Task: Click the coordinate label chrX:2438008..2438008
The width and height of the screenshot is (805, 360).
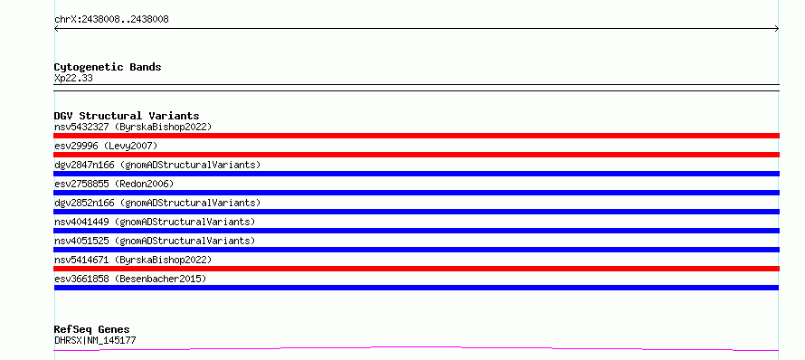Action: click(x=111, y=20)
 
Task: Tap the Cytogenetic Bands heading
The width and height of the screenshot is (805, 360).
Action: click(x=108, y=67)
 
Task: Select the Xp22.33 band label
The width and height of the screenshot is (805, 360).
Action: click(x=73, y=79)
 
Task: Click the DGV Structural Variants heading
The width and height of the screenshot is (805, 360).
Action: click(x=127, y=116)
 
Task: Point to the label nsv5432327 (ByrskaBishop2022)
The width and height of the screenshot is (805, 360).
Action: click(x=133, y=127)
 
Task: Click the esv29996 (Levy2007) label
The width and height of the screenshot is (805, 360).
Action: click(x=106, y=146)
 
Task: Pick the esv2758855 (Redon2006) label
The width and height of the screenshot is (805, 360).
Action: click(x=114, y=184)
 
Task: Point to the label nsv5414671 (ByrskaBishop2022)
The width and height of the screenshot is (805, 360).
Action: click(x=133, y=260)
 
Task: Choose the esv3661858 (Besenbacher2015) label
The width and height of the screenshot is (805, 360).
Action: click(x=130, y=279)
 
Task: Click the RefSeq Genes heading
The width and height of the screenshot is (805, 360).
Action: click(x=92, y=329)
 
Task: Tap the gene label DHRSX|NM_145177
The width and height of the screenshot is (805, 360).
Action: click(x=95, y=340)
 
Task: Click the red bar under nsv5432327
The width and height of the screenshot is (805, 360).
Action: click(x=416, y=136)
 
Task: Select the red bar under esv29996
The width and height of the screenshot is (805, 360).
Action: click(x=416, y=155)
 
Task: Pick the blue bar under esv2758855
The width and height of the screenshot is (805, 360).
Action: click(x=416, y=193)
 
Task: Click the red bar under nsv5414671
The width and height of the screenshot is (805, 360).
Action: click(x=416, y=269)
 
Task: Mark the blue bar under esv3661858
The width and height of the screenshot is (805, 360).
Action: click(x=416, y=288)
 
